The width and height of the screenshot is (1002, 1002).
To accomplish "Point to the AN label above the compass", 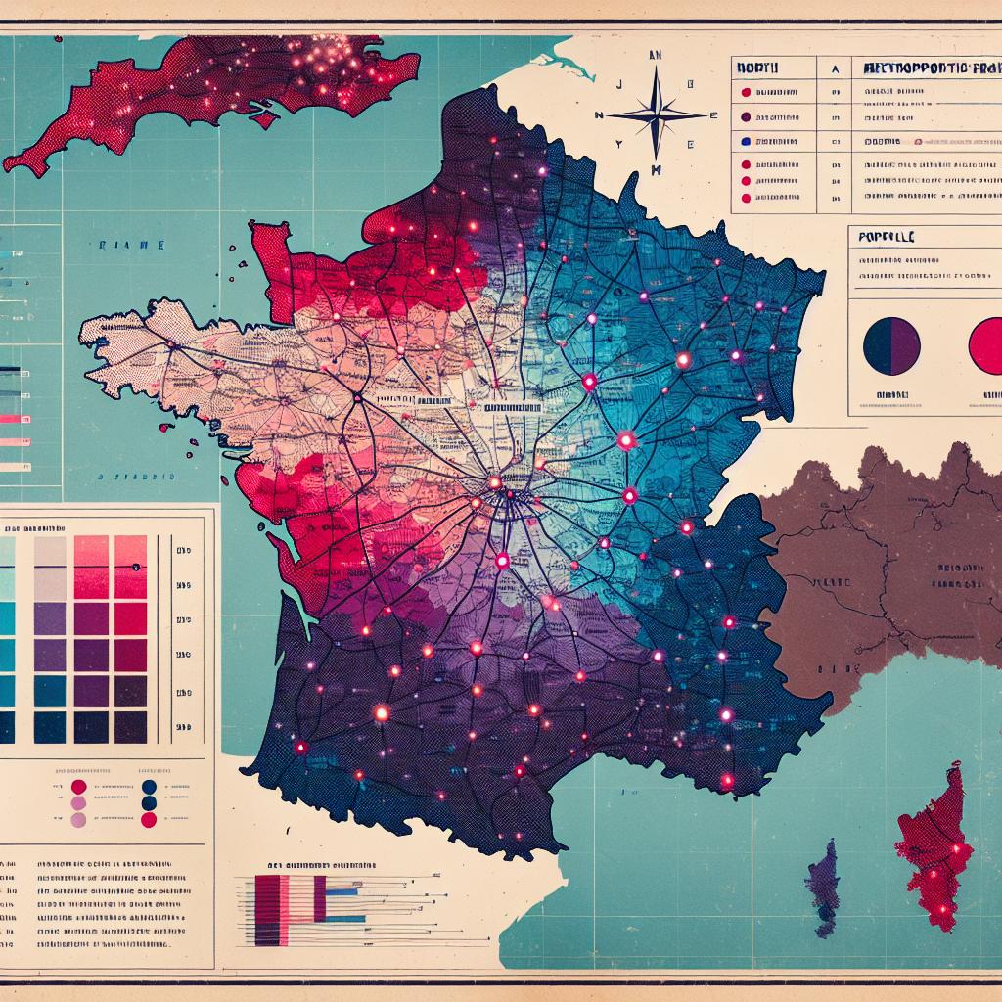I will tap(656, 57).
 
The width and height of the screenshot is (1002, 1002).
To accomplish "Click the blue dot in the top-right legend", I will tap(747, 141).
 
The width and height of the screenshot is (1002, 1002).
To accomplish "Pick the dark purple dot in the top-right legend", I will tap(747, 116).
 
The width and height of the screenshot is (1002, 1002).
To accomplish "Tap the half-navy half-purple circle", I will tap(891, 346).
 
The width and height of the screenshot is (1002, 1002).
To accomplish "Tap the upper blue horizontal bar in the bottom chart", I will tap(343, 892).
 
